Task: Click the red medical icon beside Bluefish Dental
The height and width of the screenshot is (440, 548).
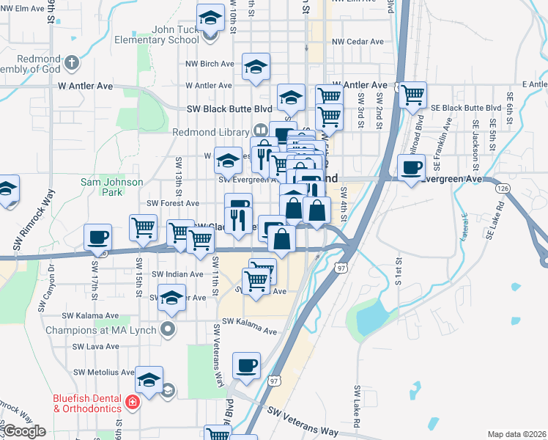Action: click(x=132, y=402)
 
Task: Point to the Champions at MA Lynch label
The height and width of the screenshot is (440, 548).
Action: click(x=111, y=330)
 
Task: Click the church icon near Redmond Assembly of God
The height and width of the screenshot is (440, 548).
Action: click(x=72, y=62)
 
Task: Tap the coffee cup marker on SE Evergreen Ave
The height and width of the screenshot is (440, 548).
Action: click(x=411, y=167)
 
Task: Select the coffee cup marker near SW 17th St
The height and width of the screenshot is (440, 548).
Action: click(x=98, y=237)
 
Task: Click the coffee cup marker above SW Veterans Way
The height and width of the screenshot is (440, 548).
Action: click(x=247, y=365)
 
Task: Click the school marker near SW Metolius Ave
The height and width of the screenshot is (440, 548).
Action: click(x=149, y=380)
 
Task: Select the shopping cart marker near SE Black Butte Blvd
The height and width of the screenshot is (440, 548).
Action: click(x=413, y=94)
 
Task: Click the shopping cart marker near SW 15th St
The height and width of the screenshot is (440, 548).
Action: click(x=143, y=227)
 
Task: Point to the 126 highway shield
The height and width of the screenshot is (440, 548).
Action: click(x=503, y=188)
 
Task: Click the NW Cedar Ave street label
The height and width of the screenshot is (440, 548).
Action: click(x=358, y=42)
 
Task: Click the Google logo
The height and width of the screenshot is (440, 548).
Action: click(x=24, y=431)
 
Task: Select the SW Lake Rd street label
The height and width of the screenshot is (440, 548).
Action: click(x=357, y=406)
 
